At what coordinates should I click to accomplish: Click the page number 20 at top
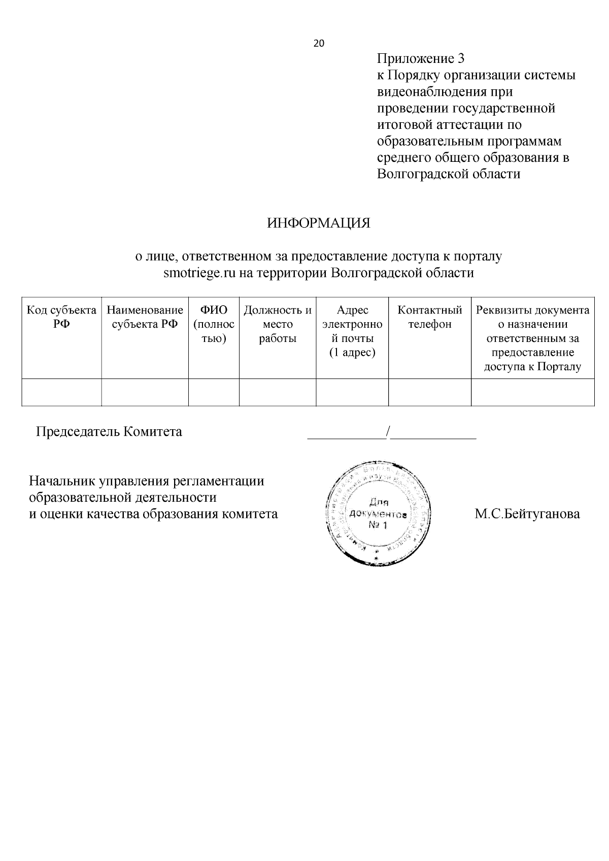point(319,44)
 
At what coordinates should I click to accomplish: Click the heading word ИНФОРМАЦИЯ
point(319,223)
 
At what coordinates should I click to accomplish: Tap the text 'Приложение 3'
point(421,59)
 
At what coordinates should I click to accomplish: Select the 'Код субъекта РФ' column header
point(61,317)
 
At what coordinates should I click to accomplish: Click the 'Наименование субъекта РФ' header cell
point(145,317)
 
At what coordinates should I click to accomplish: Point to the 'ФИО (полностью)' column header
point(214,324)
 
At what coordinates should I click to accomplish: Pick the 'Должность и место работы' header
point(278,324)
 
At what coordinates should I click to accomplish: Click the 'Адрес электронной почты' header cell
point(352,331)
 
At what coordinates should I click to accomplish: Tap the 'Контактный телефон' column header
point(430,317)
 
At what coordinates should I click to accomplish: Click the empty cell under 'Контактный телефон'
point(430,392)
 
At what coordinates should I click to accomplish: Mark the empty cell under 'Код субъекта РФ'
point(61,392)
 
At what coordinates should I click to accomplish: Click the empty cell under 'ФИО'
point(214,392)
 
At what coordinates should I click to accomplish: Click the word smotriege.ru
point(200,273)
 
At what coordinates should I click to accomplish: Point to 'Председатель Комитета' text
point(109,432)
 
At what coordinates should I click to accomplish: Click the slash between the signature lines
point(388,432)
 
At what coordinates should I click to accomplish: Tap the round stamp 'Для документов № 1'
point(378,512)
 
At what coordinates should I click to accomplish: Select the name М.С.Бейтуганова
point(527,514)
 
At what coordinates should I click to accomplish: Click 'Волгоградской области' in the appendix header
point(449,174)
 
